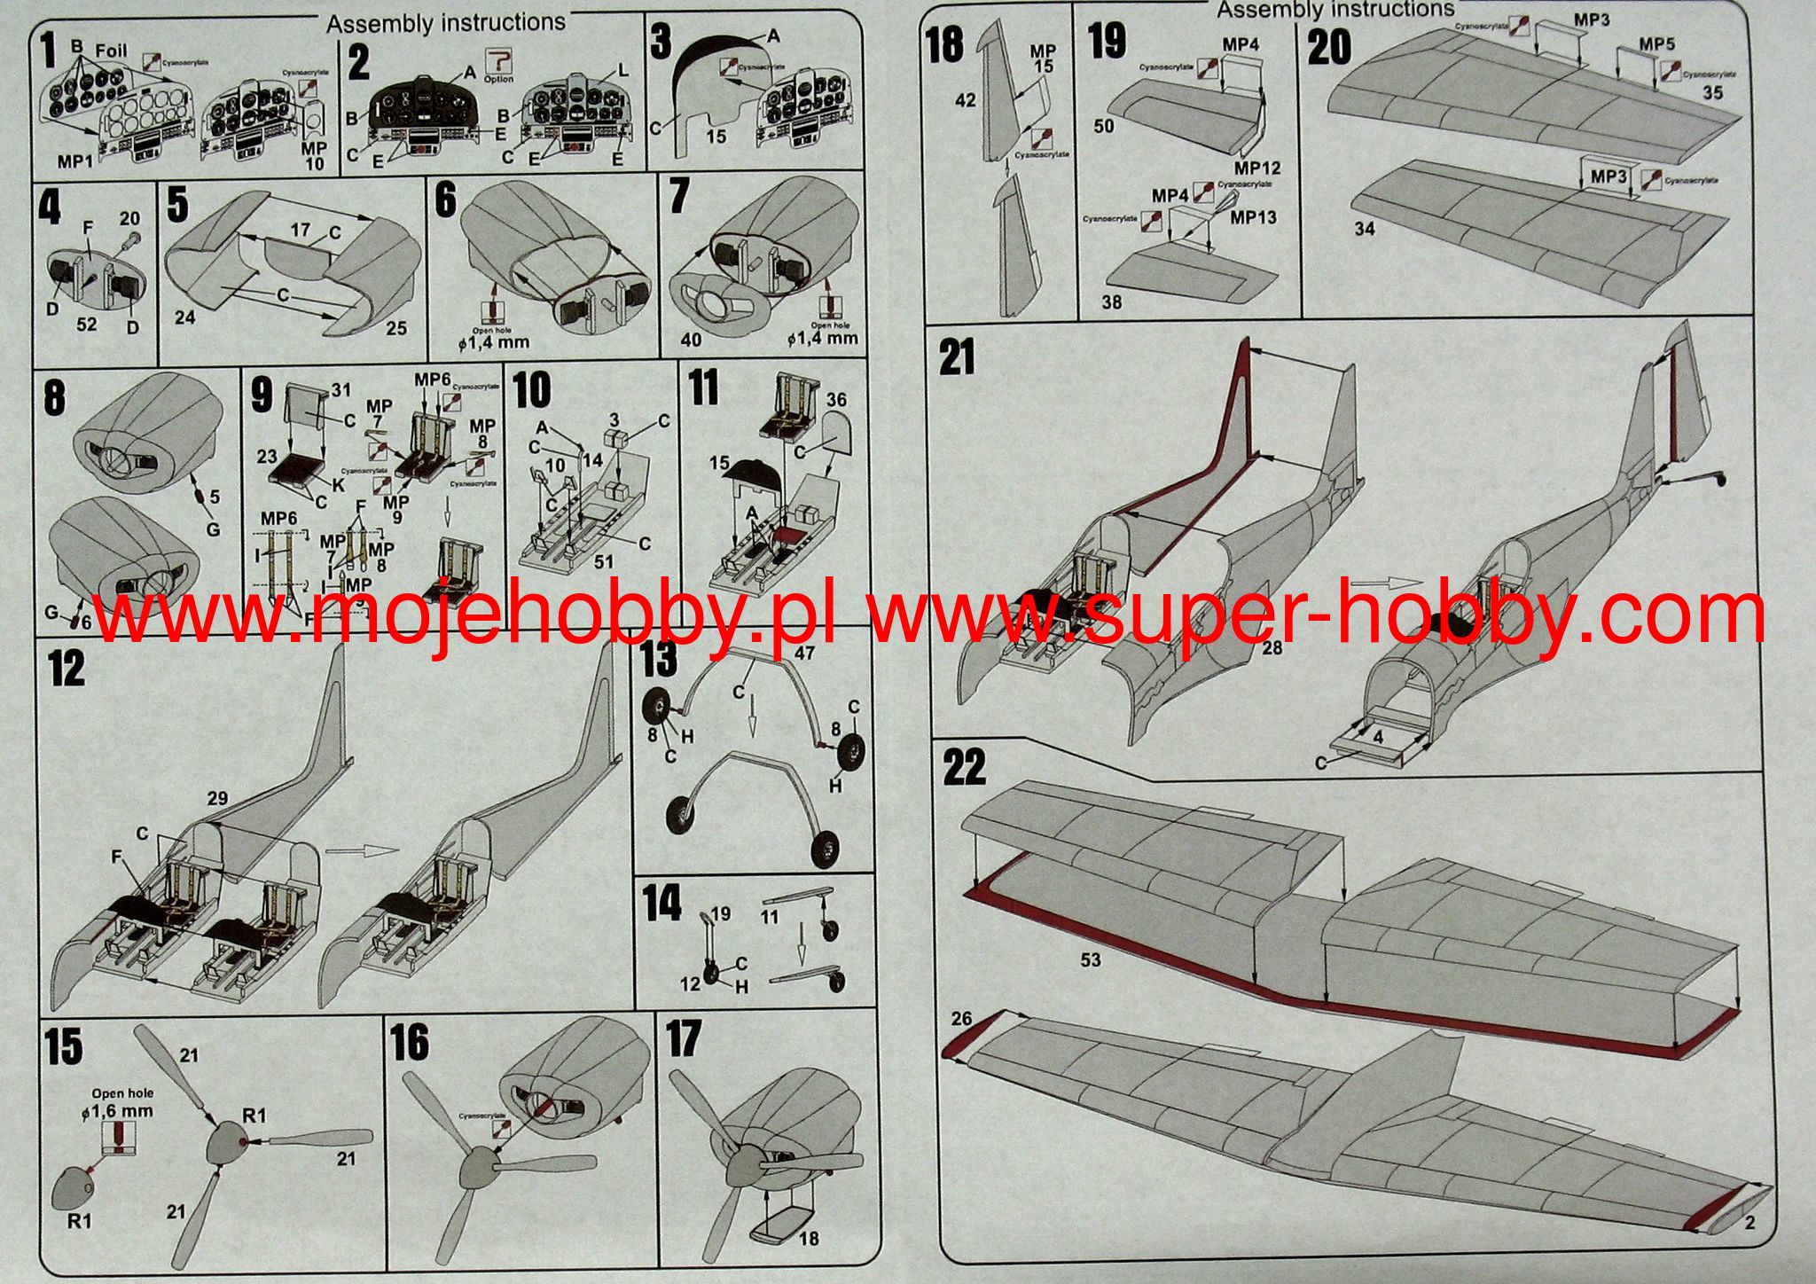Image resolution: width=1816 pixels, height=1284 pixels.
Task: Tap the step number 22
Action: pyautogui.click(x=965, y=768)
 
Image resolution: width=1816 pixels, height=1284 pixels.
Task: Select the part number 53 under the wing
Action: pyautogui.click(x=1090, y=959)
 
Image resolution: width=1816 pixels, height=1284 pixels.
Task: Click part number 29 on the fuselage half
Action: pyautogui.click(x=217, y=799)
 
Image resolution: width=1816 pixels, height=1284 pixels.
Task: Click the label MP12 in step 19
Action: pyautogui.click(x=1257, y=168)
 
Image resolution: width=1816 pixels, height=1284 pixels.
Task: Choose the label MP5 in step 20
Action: pyautogui.click(x=1656, y=44)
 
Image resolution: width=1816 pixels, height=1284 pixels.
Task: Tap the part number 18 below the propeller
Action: pyautogui.click(x=809, y=1238)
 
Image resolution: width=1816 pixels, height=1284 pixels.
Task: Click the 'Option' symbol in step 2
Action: pyautogui.click(x=498, y=64)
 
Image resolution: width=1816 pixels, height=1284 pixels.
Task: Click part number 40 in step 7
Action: pyautogui.click(x=692, y=340)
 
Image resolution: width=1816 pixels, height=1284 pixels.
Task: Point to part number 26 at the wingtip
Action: pyautogui.click(x=962, y=1018)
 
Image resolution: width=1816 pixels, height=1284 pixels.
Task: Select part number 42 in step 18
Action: pyautogui.click(x=965, y=100)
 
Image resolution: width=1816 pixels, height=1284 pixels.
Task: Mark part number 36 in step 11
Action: pyautogui.click(x=836, y=400)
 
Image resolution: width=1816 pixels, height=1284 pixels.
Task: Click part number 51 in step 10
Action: pyautogui.click(x=605, y=561)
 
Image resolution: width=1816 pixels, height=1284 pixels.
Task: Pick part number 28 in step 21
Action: pyautogui.click(x=1272, y=648)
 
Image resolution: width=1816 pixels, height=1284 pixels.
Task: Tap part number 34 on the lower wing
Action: pyautogui.click(x=1365, y=229)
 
